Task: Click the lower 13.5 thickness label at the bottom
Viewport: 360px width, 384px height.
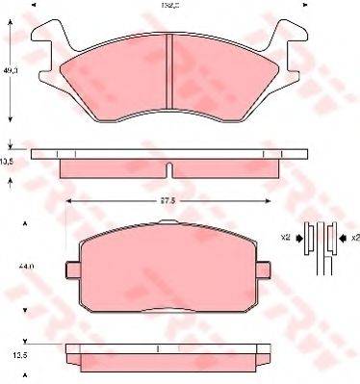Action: [13, 355]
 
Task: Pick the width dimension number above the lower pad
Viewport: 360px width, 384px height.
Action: [168, 200]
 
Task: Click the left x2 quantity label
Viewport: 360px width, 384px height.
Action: [286, 236]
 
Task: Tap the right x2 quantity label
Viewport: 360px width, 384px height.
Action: [352, 236]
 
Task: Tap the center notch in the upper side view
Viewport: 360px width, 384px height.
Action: [169, 170]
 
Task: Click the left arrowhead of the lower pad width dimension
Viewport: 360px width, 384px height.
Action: [67, 200]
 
